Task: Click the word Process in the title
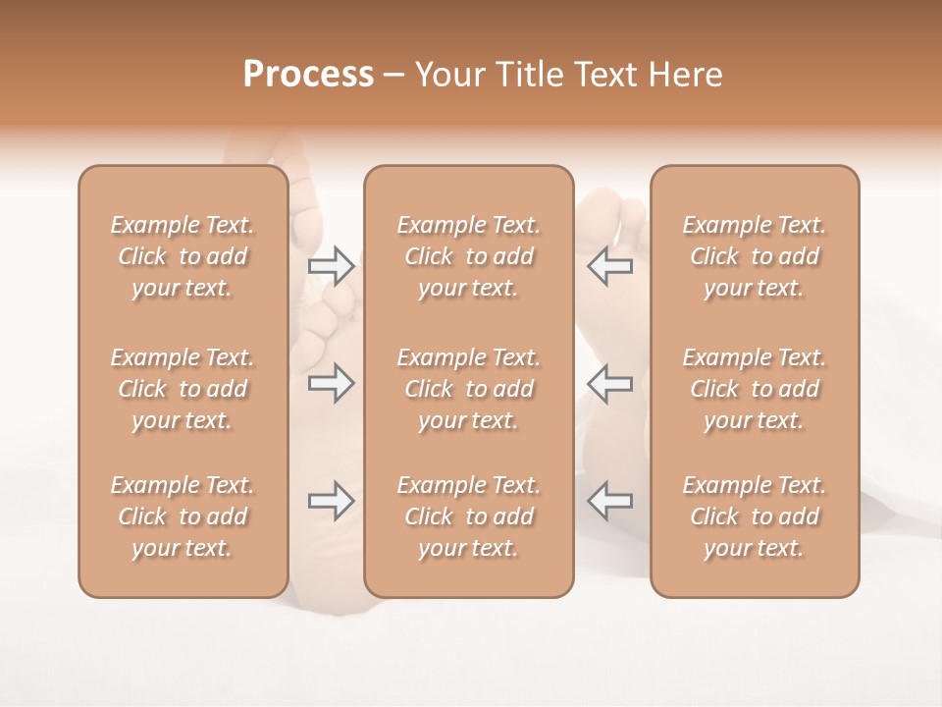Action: tap(308, 75)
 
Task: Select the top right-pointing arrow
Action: tap(332, 265)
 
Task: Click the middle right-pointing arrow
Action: tap(332, 383)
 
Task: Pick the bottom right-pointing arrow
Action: tap(332, 501)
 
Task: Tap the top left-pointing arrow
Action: tap(610, 265)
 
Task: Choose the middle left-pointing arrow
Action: tap(610, 383)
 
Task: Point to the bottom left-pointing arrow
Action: tap(610, 501)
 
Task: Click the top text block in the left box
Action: tap(183, 256)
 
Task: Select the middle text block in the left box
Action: tap(183, 389)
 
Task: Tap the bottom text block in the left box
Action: tap(183, 517)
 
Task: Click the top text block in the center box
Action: tap(469, 256)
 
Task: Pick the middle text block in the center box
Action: tap(469, 389)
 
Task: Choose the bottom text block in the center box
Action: tap(469, 517)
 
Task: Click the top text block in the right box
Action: tap(755, 256)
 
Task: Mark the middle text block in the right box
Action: tap(755, 389)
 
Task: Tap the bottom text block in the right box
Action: tap(755, 517)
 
